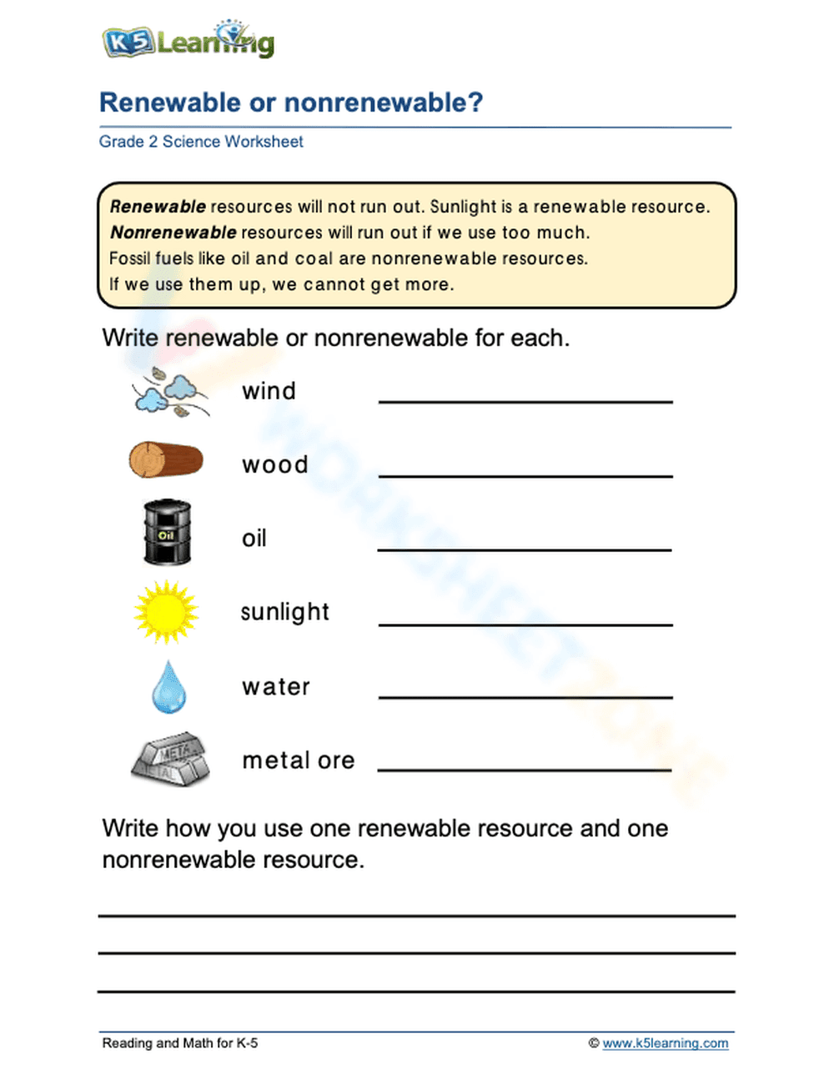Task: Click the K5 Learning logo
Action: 188,41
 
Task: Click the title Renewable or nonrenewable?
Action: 291,103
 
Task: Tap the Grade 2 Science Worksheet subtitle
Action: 201,142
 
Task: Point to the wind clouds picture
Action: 170,391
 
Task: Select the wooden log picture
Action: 166,460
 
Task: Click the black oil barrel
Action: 168,533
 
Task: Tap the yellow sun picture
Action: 166,612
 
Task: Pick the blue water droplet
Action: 168,686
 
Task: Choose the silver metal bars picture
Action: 169,759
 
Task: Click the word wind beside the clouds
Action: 269,391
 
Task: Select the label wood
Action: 275,464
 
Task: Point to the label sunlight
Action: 285,612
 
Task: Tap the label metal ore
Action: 299,760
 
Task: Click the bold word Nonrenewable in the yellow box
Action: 173,233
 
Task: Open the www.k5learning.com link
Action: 665,1043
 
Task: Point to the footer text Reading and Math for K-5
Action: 180,1043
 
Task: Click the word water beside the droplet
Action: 276,687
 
